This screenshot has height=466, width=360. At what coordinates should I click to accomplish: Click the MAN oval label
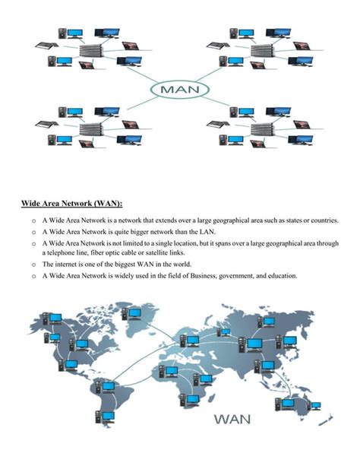tap(179, 89)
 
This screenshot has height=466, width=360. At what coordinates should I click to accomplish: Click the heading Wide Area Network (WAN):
tap(71, 204)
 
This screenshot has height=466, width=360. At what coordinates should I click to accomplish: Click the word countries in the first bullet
tap(322, 220)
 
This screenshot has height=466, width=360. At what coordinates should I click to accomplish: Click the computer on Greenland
tap(135, 312)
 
